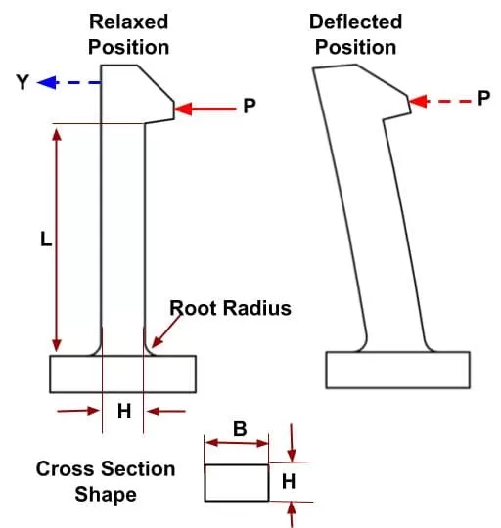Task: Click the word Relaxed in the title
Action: click(x=128, y=22)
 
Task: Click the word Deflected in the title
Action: click(x=355, y=22)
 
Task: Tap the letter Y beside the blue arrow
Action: click(x=23, y=82)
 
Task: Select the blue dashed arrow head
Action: click(x=48, y=82)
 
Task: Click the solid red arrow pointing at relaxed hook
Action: click(x=205, y=109)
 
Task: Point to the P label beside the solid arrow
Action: click(x=250, y=106)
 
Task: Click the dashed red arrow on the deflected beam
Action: click(x=439, y=101)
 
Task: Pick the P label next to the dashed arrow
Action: click(x=483, y=99)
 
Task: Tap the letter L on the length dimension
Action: click(x=46, y=240)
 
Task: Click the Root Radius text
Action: click(x=230, y=308)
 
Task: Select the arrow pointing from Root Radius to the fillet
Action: click(x=166, y=331)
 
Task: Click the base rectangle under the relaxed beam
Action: click(x=123, y=374)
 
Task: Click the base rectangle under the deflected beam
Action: click(x=398, y=370)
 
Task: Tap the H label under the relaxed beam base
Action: click(x=124, y=411)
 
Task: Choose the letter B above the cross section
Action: click(x=240, y=429)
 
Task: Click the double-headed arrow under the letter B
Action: click(x=237, y=443)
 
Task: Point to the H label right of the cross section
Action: click(x=289, y=481)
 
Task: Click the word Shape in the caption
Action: click(x=106, y=495)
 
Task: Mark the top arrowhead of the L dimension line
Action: click(x=57, y=135)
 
